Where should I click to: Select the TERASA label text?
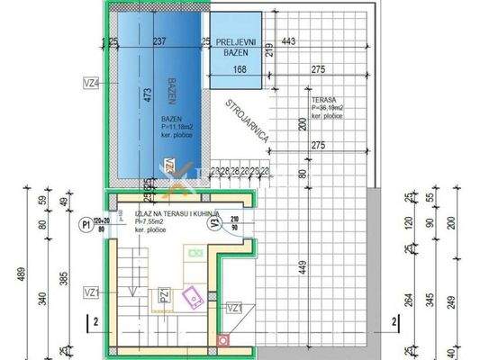pos(324,100)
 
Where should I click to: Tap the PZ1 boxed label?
pos(163,295)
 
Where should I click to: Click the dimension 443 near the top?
pos(290,41)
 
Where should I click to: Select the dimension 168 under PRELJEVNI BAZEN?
pos(240,69)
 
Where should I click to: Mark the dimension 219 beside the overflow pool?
pos(269,51)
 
